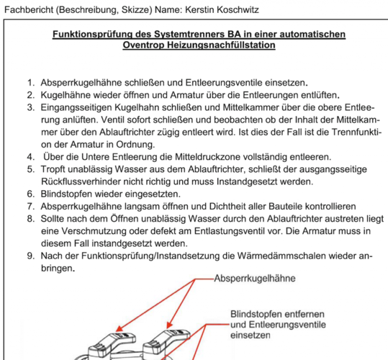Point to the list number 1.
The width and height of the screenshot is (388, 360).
point(31,83)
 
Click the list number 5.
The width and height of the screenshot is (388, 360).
point(31,169)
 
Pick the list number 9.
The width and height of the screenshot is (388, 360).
point(31,256)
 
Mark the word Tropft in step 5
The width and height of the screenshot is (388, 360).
point(53,169)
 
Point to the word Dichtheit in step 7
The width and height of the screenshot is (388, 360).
point(227,207)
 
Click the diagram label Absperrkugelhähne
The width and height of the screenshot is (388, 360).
point(255,279)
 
